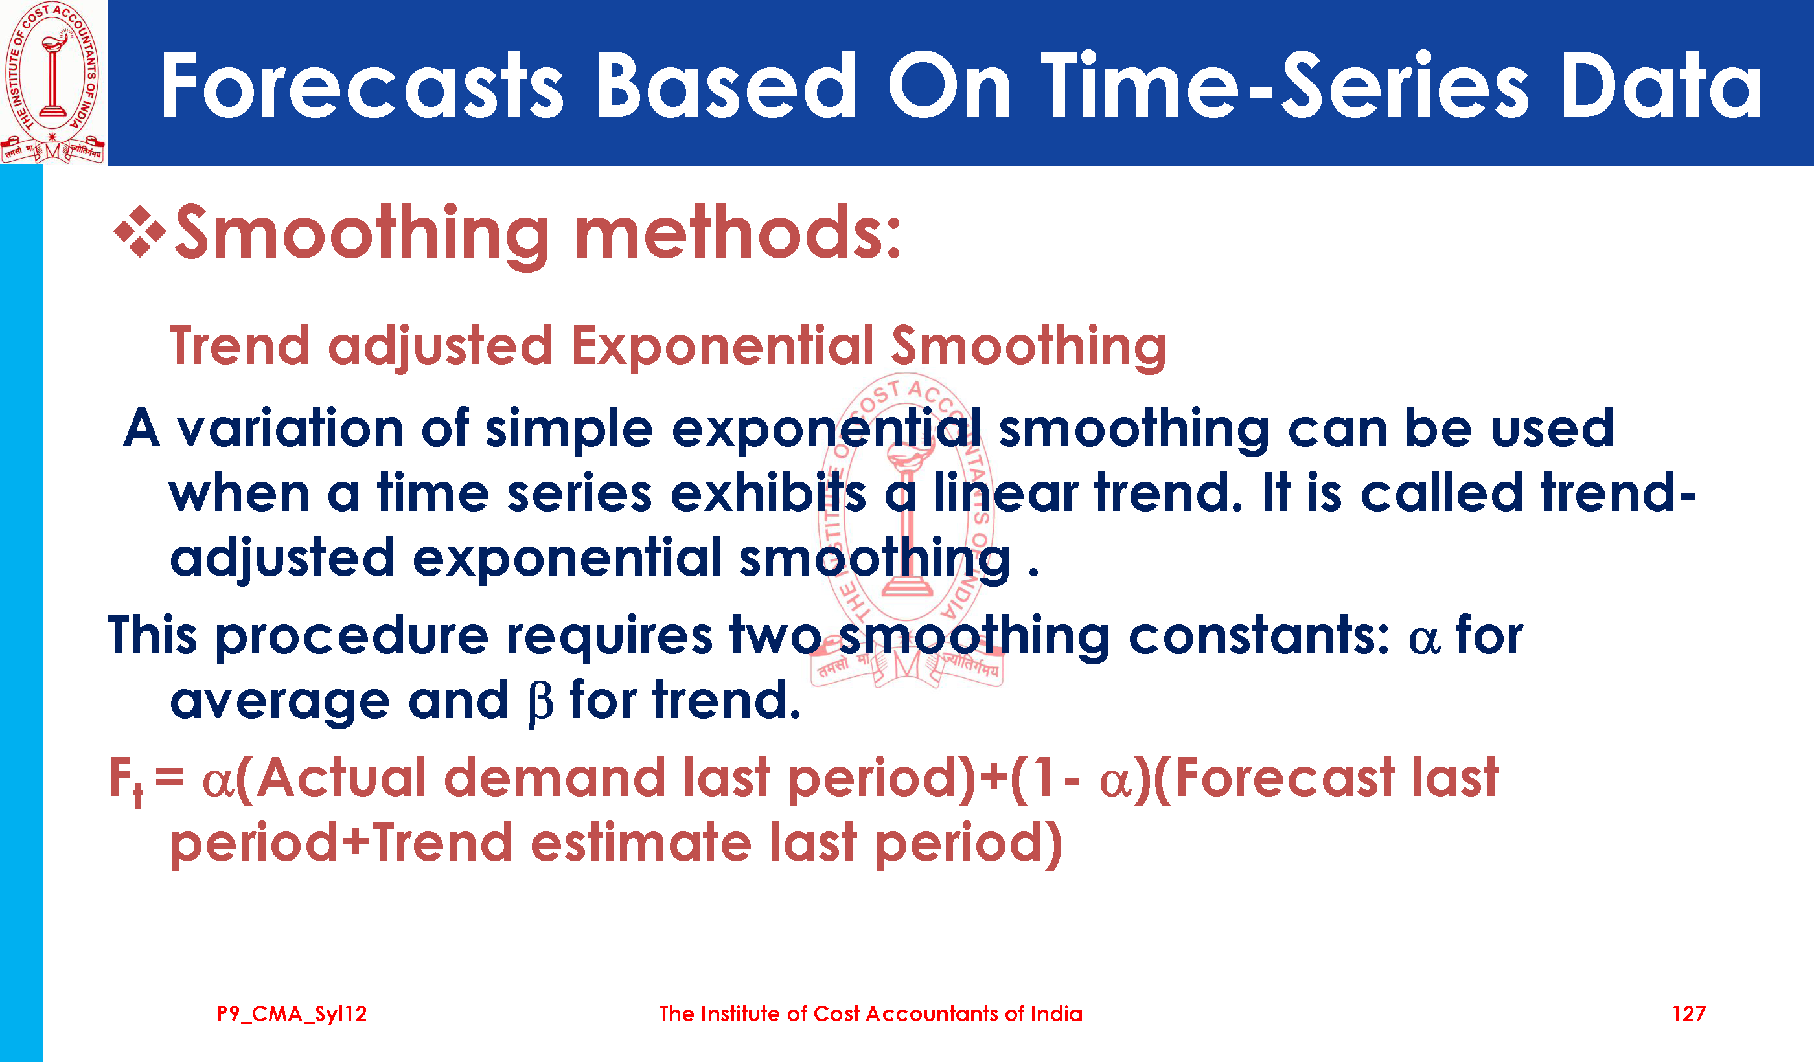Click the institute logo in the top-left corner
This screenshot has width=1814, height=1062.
[x=53, y=82]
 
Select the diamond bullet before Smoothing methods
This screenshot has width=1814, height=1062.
[x=141, y=231]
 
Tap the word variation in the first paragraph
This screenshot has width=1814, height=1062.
[x=290, y=428]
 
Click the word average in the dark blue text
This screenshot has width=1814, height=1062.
[x=280, y=702]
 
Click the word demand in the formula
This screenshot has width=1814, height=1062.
[x=555, y=778]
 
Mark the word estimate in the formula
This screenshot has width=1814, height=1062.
[x=641, y=843]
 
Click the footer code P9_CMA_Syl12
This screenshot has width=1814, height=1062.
[x=292, y=1015]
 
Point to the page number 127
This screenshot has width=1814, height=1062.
[x=1688, y=1014]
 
